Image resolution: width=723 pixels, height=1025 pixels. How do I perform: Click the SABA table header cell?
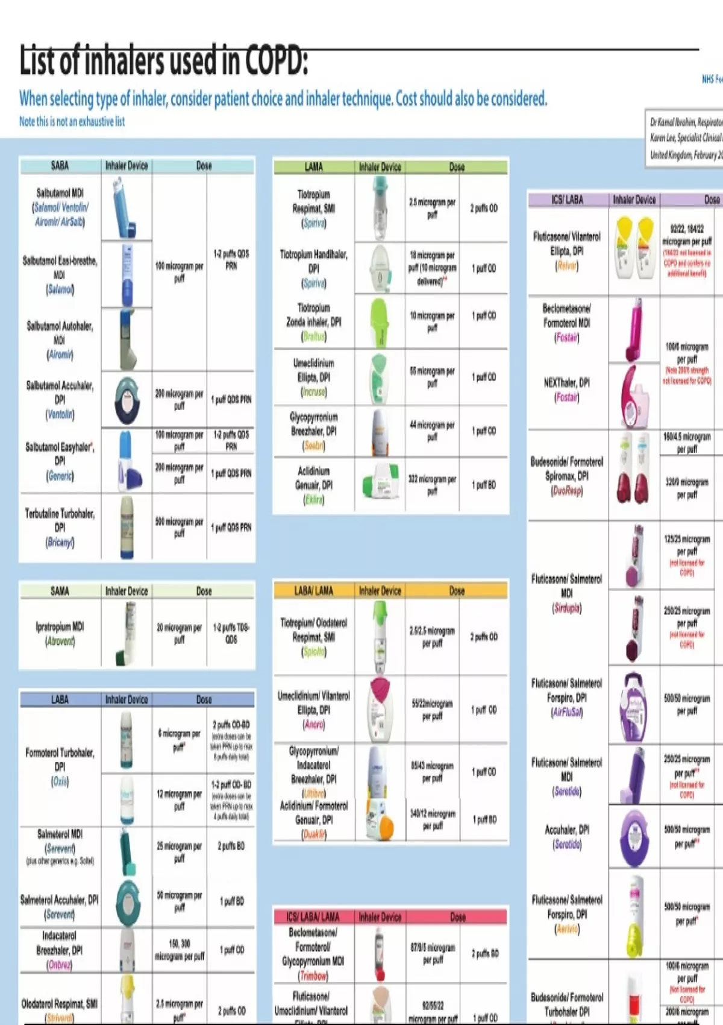pyautogui.click(x=60, y=166)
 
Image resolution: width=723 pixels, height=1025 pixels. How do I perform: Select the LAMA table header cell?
pyautogui.click(x=313, y=167)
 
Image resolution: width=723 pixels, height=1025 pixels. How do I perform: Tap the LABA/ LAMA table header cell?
pyautogui.click(x=313, y=591)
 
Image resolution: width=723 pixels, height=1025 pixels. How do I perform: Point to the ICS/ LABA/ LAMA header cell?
pyautogui.click(x=313, y=917)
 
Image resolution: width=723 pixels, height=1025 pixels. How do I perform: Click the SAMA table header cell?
pyautogui.click(x=60, y=591)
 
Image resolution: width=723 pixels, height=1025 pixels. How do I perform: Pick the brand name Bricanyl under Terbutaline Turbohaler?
pyautogui.click(x=60, y=542)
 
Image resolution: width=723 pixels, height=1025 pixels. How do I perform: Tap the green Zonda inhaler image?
pyautogui.click(x=380, y=322)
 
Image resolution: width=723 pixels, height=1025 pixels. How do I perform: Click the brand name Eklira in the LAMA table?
pyautogui.click(x=313, y=499)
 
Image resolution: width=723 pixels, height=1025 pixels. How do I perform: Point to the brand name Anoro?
pyautogui.click(x=314, y=725)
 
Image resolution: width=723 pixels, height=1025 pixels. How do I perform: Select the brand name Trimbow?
pyautogui.click(x=313, y=976)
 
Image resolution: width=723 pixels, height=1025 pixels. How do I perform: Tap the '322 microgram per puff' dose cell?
pyautogui.click(x=432, y=485)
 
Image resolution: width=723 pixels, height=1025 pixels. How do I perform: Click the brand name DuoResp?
pyautogui.click(x=566, y=491)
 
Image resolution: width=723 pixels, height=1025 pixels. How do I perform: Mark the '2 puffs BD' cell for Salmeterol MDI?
pyautogui.click(x=231, y=846)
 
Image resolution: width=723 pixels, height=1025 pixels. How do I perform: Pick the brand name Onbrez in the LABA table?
pyautogui.click(x=59, y=965)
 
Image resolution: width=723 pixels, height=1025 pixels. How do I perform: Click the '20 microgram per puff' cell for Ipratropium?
pyautogui.click(x=179, y=634)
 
